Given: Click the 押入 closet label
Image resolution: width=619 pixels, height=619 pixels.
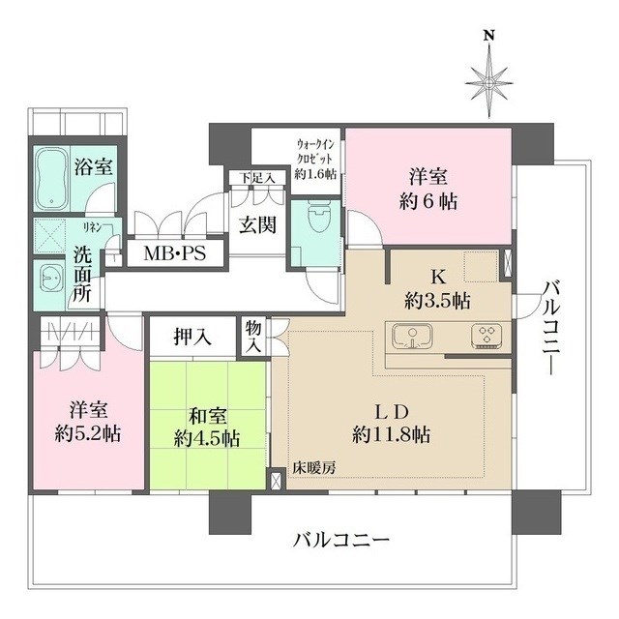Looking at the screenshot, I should click(x=192, y=338).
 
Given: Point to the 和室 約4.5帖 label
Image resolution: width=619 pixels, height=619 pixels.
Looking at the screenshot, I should click(x=207, y=427).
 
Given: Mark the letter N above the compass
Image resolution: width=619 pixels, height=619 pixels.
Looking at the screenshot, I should click(x=489, y=36).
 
